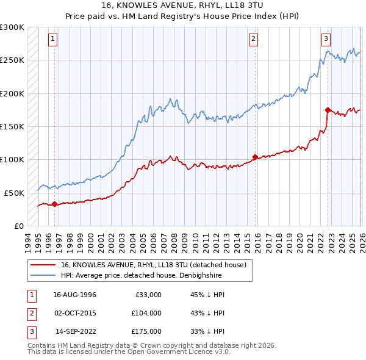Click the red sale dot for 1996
[55, 204]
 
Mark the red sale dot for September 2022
[328, 110]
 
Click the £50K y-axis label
[14, 193]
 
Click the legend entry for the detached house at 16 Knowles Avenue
[153, 265]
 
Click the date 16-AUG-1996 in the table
[74, 295]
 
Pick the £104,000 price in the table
[146, 312]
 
